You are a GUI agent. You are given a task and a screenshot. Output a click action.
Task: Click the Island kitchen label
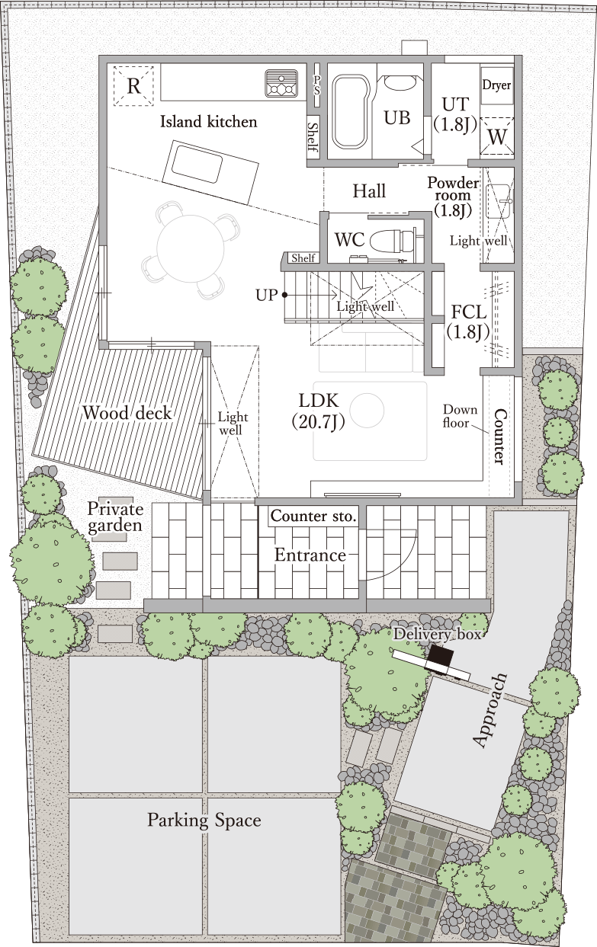pos(209,122)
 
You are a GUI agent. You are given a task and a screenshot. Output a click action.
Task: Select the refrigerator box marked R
pos(133,86)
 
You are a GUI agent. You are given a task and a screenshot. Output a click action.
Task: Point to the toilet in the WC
pos(392,241)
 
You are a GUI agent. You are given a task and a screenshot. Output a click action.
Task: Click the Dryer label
pos(496,85)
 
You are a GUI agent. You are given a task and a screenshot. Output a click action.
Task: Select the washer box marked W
pos(497,136)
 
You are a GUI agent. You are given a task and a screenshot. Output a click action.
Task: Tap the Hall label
pos(369,191)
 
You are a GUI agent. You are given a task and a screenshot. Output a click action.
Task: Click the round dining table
pos(191,249)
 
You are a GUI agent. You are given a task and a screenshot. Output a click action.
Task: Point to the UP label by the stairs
pos(267,295)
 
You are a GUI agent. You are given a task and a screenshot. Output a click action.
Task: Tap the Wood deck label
pos(127,413)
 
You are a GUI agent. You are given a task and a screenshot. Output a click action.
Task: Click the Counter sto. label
pos(313,516)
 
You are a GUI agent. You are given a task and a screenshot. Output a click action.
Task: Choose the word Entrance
pos(310,555)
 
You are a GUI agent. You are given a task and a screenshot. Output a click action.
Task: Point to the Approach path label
pos(489,710)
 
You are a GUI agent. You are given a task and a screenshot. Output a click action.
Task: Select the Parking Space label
pos(204,821)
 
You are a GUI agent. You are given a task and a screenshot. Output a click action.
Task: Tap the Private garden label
pos(114,517)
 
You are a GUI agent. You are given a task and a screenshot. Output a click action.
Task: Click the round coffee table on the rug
pos(368,409)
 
